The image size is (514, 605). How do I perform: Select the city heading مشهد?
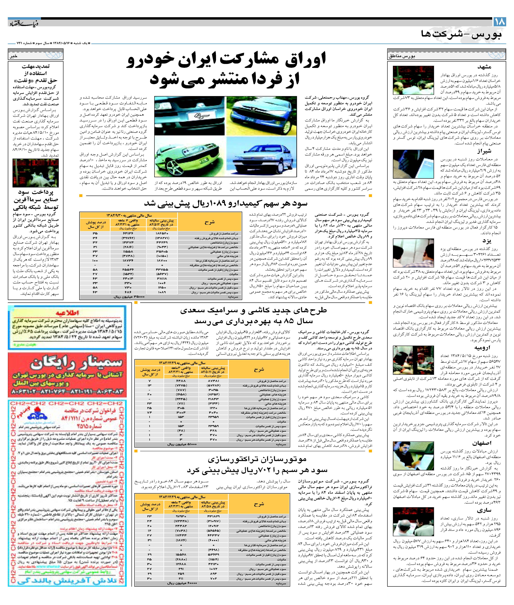pos(484,67)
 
